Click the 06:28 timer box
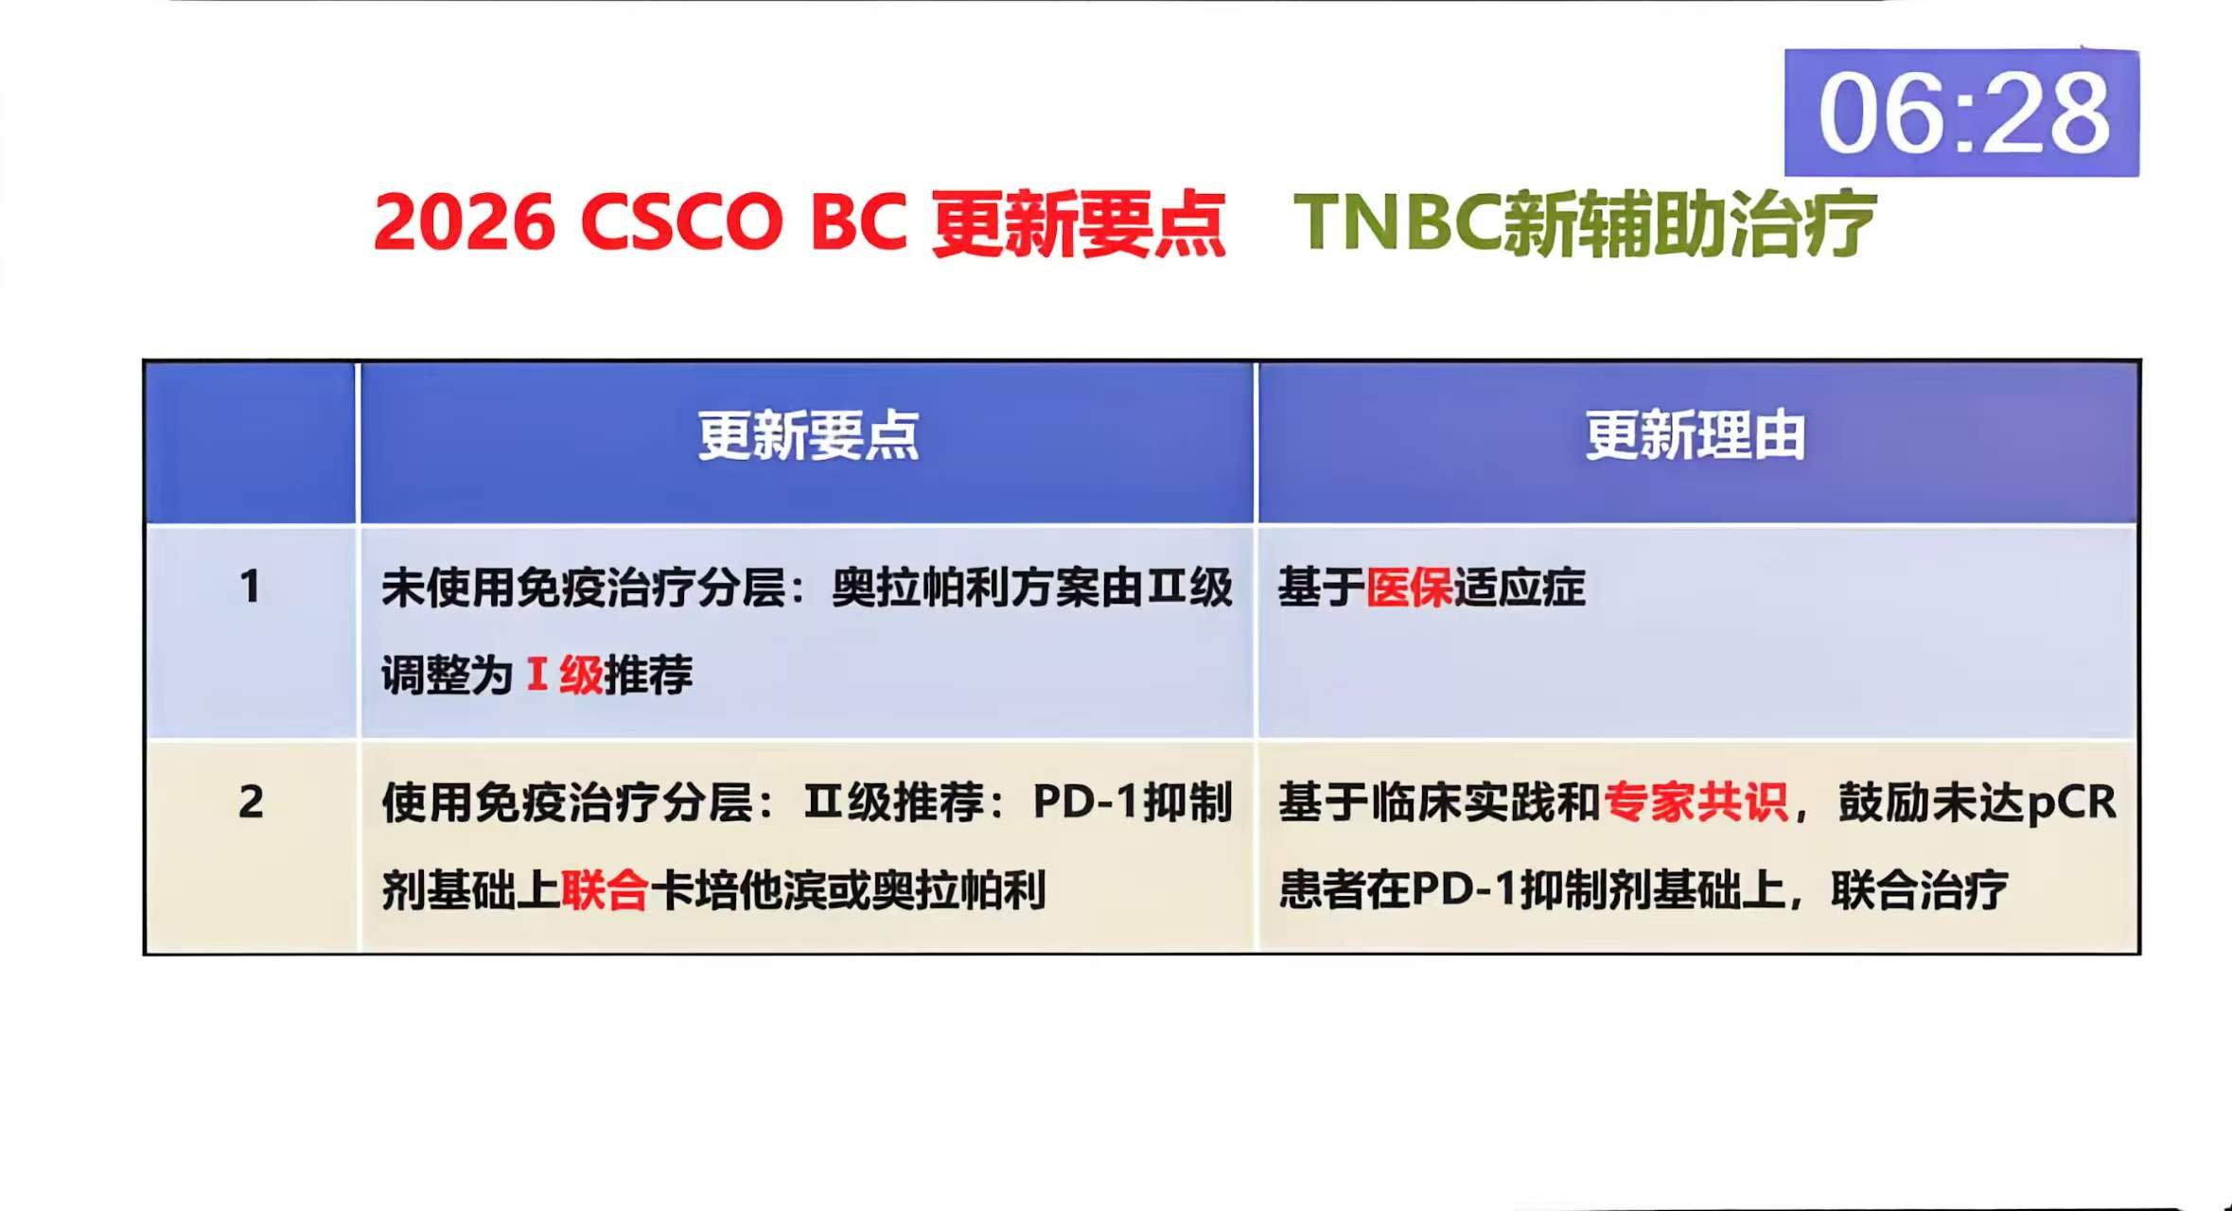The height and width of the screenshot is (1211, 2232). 1960,113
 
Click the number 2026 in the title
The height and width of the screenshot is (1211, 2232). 464,223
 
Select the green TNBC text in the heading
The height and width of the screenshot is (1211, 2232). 1397,223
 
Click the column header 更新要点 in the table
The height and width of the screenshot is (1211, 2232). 807,436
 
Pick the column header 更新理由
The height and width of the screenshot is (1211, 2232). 1695,436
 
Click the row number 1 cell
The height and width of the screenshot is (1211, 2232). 250,587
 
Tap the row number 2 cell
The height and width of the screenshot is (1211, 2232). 251,802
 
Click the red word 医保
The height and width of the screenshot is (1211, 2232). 1409,588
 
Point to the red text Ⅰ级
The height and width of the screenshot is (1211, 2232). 565,676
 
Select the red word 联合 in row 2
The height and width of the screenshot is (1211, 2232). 605,890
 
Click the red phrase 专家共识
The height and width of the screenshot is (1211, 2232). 1696,802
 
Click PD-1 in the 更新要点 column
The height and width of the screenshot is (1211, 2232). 1084,802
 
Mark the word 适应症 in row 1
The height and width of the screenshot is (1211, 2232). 1520,588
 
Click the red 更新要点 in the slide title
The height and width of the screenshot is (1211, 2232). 1079,223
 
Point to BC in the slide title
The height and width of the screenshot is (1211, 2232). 858,223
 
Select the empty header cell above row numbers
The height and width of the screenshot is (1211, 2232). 251,442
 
